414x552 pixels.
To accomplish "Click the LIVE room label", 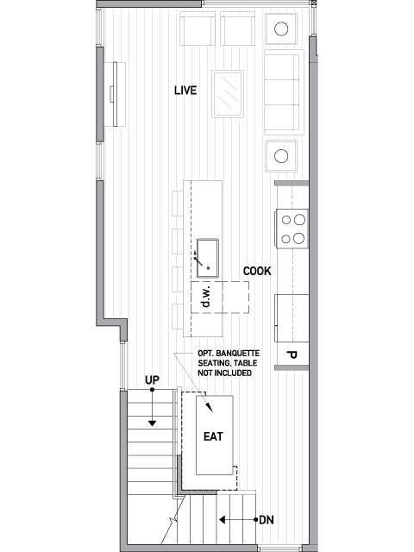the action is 185,91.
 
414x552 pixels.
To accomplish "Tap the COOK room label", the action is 257,271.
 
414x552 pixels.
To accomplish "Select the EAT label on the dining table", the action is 213,436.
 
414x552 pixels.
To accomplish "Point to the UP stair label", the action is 152,380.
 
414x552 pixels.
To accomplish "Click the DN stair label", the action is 267,520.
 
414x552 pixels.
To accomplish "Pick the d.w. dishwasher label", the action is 206,297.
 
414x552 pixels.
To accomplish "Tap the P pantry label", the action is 292,355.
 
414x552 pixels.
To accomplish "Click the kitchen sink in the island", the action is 208,258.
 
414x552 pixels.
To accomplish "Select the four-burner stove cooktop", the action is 292,229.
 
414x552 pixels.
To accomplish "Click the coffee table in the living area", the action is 228,94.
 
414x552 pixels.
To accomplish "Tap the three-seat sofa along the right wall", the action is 284,92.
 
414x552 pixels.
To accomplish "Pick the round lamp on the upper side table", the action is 281,28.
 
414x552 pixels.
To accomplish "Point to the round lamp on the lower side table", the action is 281,156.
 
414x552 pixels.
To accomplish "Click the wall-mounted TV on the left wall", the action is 115,94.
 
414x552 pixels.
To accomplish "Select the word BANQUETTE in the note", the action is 238,353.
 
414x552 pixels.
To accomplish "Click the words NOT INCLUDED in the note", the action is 224,373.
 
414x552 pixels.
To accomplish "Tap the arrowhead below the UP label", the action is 152,423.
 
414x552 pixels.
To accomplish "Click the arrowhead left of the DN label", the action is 223,519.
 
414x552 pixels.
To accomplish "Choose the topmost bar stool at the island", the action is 178,204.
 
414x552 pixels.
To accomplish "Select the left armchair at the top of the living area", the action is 198,28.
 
